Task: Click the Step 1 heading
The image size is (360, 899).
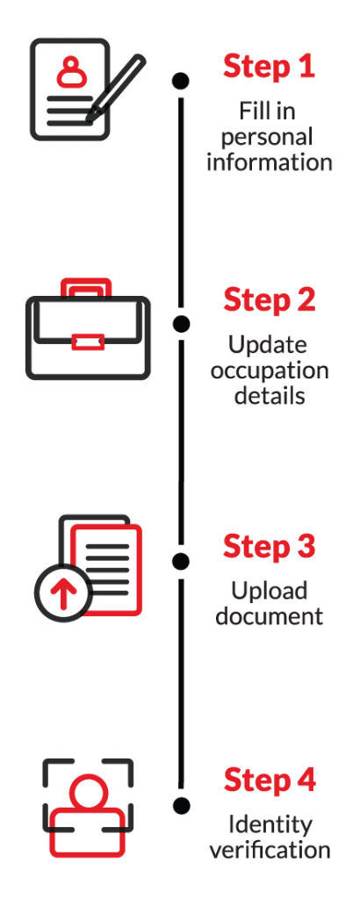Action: tap(269, 66)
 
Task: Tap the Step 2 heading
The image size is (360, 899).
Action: tap(269, 300)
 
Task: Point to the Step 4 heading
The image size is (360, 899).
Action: tap(269, 780)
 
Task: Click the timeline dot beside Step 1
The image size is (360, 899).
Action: tap(181, 81)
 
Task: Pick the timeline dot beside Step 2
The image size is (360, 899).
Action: tap(181, 323)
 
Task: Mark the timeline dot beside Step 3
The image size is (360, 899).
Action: tap(181, 561)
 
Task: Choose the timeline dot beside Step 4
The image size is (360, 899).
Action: tap(181, 806)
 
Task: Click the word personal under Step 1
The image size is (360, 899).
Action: tap(267, 138)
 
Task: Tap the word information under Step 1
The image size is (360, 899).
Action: tap(269, 162)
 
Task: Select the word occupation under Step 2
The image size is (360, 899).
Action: tap(270, 372)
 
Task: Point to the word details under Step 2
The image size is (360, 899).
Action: tap(269, 396)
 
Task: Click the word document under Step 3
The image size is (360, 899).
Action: tap(269, 617)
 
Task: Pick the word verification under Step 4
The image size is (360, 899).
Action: tap(270, 850)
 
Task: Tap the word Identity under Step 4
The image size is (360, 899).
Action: tap(270, 825)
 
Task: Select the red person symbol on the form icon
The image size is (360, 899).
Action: tap(72, 71)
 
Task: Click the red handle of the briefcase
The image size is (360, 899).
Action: tap(86, 288)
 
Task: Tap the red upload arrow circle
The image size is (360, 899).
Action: tap(63, 591)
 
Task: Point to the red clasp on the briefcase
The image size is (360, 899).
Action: tap(89, 342)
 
